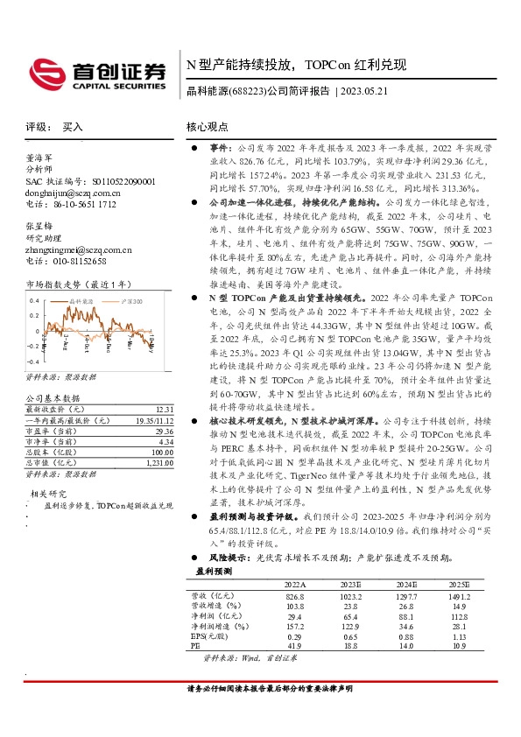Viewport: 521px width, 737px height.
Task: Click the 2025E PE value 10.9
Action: point(459,645)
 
